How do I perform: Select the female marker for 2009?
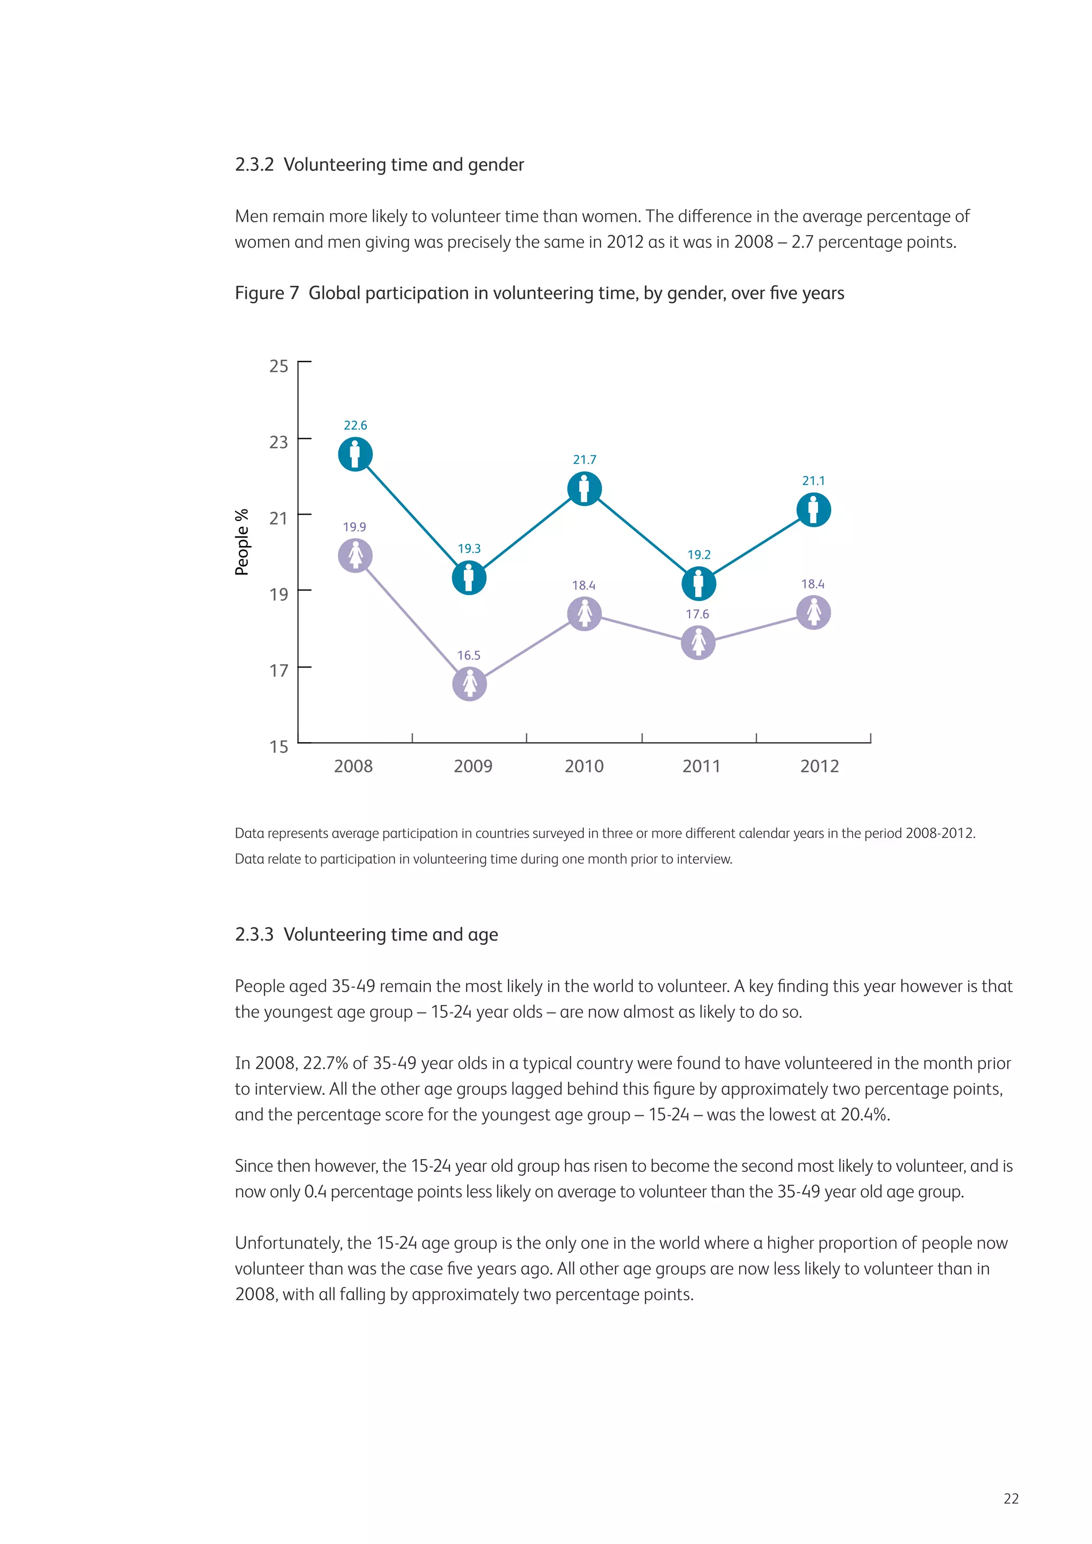[469, 684]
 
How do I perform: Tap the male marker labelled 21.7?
[584, 488]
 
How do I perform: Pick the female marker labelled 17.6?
[698, 642]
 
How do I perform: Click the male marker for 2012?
[814, 510]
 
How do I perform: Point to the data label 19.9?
[355, 527]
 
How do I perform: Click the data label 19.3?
[469, 549]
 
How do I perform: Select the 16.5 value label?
[469, 655]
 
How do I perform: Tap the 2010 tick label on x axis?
[584, 766]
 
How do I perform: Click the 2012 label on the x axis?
[819, 766]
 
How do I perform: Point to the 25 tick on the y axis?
[278, 366]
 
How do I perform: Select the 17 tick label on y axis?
[278, 671]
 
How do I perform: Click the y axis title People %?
[242, 542]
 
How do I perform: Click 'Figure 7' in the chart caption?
[266, 293]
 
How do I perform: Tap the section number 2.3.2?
[254, 165]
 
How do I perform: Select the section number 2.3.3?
[254, 935]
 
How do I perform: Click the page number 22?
[1010, 1498]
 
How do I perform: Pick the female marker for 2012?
[814, 613]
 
